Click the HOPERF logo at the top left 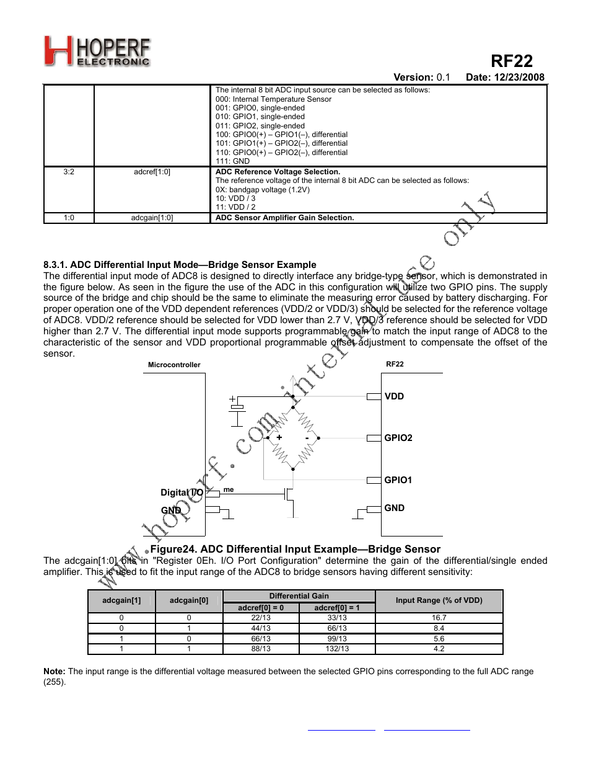(x=97, y=51)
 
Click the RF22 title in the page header (x=511, y=61)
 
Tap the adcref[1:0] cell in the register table (x=152, y=172)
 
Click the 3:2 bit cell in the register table (x=69, y=172)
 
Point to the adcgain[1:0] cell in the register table (x=152, y=218)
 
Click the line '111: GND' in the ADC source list (x=232, y=161)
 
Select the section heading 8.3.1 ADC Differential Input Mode (x=180, y=265)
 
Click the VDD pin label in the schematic (x=394, y=396)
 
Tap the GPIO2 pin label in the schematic (x=398, y=438)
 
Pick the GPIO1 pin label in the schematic (x=398, y=480)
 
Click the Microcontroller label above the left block (x=174, y=365)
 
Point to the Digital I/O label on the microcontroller (x=182, y=492)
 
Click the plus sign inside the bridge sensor (x=279, y=437)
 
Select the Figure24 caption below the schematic (x=295, y=549)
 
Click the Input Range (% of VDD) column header (x=439, y=600)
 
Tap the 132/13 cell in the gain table (x=337, y=649)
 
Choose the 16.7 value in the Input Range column (x=439, y=618)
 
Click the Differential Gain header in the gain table (x=299, y=596)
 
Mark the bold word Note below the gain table (x=55, y=671)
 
